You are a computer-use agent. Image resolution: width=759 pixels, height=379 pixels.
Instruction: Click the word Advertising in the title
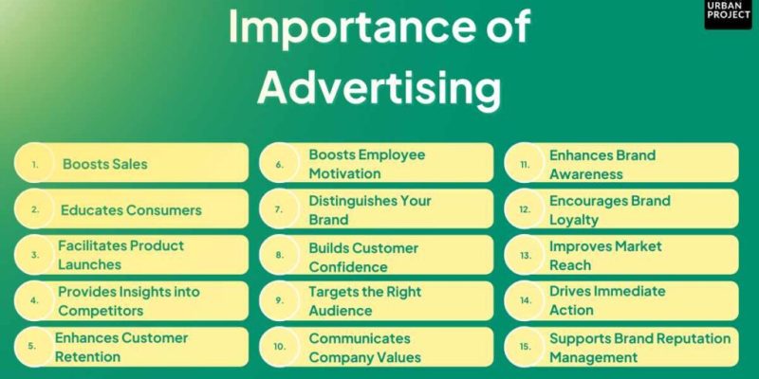[379, 89]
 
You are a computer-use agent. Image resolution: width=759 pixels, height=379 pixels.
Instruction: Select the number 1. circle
[35, 164]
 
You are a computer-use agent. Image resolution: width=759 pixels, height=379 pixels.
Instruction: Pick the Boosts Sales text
[105, 164]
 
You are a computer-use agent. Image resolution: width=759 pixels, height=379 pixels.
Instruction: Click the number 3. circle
[35, 255]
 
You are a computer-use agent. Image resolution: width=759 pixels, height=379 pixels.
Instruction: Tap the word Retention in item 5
[87, 356]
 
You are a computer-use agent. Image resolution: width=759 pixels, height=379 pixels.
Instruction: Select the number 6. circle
[280, 164]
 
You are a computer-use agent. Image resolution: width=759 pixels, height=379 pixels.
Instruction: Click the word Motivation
[350, 173]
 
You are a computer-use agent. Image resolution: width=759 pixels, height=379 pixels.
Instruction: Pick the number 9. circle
[280, 301]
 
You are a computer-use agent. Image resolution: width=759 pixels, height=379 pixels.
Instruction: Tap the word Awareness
[586, 173]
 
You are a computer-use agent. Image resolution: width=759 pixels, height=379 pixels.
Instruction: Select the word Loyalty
[574, 219]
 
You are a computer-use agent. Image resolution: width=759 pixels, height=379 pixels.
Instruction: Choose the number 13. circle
[524, 255]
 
